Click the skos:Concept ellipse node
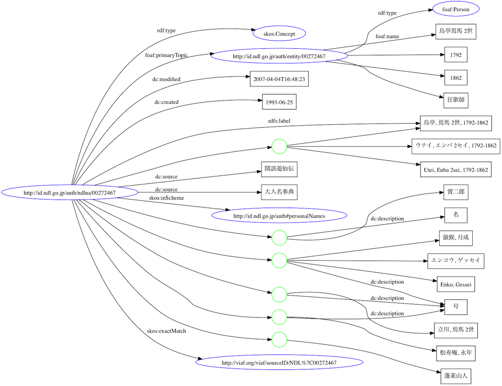(279, 34)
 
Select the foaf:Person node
(456, 9)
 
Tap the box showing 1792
(456, 55)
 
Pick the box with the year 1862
(456, 78)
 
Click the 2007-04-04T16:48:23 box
(279, 79)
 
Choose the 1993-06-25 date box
(279, 102)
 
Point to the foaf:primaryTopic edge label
(166, 55)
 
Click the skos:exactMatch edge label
(166, 331)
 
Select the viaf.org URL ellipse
(279, 363)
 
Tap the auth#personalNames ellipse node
(279, 216)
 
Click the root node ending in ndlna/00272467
(70, 193)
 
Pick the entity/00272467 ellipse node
(279, 56)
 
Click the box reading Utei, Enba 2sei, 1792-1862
(456, 169)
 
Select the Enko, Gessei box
(456, 284)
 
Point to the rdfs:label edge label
(279, 121)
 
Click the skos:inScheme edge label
(166, 198)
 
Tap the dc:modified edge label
(166, 79)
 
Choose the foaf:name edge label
(387, 37)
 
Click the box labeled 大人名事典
(279, 192)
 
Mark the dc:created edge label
(166, 102)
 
